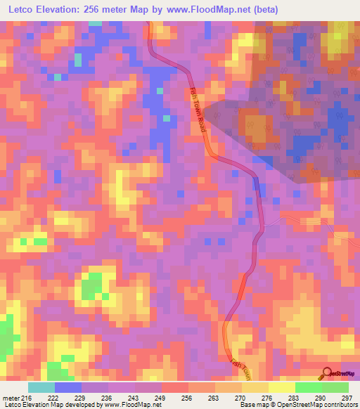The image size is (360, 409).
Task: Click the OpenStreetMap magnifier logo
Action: click(328, 372)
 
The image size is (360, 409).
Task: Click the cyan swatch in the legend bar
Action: click(41, 387)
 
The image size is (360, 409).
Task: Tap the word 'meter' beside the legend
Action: click(10, 398)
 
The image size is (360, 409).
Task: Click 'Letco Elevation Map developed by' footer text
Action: click(42, 405)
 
